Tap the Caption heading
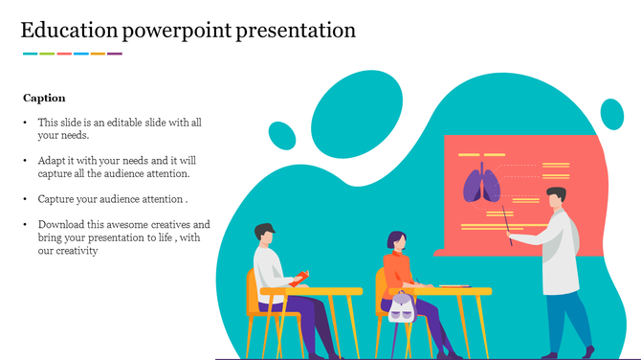[44, 98]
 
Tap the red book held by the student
[299, 277]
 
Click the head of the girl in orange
[395, 241]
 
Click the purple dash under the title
[115, 54]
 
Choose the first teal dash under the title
[30, 54]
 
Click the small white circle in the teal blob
[282, 137]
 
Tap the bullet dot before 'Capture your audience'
[26, 199]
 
